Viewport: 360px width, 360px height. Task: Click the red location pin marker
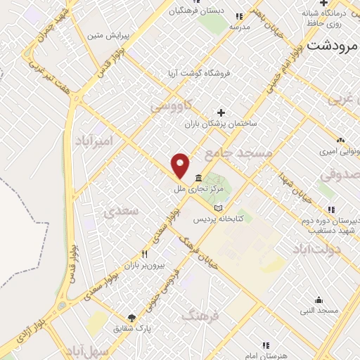point(181,165)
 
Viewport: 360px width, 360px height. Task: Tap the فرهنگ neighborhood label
point(200,316)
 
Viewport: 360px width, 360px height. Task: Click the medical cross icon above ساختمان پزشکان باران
point(221,112)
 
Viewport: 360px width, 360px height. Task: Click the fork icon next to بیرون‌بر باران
point(146,255)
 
